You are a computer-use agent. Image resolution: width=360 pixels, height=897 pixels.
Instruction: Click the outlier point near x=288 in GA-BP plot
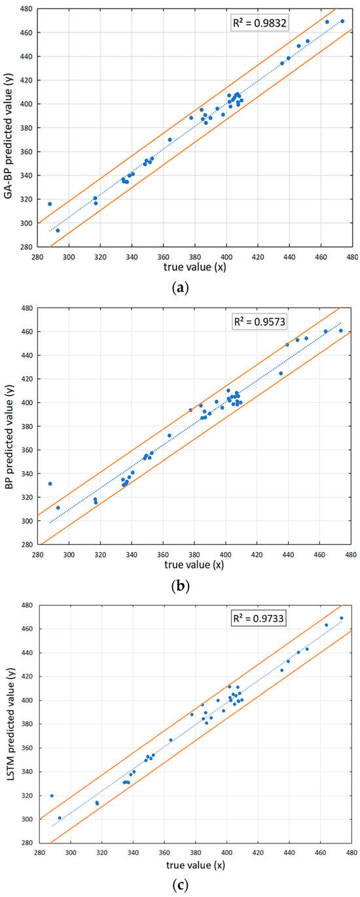pos(50,203)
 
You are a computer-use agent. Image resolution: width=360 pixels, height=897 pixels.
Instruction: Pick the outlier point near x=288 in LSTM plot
pos(52,796)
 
